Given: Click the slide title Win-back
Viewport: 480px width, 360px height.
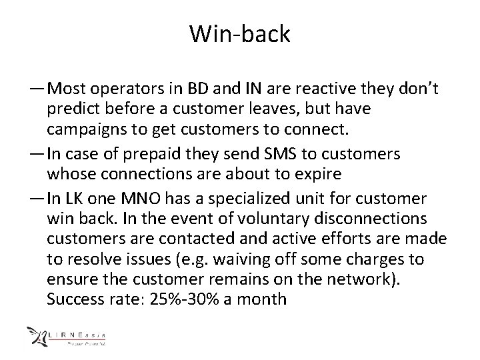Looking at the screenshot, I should pyautogui.click(x=239, y=34).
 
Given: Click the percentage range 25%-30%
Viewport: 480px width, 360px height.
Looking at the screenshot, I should pyautogui.click(x=187, y=297).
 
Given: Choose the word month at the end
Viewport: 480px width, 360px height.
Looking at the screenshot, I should pyautogui.click(x=263, y=297).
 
